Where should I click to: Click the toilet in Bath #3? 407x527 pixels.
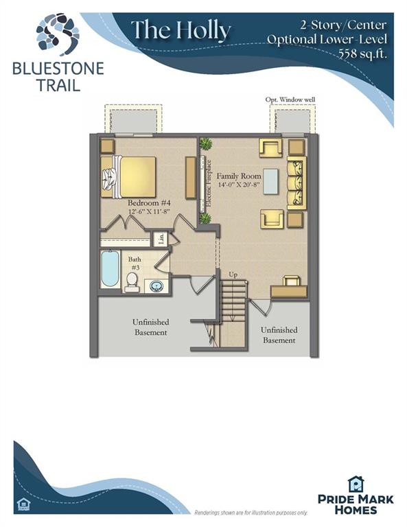tap(131, 282)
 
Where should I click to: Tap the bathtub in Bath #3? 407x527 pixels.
tap(111, 268)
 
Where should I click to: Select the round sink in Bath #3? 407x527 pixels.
tap(156, 286)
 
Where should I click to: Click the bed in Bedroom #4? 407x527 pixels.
tap(128, 177)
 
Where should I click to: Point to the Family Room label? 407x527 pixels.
tap(239, 176)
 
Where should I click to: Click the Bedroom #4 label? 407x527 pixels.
tap(149, 203)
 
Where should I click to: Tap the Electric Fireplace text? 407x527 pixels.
tap(209, 183)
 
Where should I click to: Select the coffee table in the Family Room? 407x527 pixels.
tap(271, 181)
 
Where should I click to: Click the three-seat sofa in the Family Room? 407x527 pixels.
tap(296, 183)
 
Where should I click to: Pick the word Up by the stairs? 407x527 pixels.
tap(233, 274)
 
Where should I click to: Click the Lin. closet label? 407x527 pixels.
tap(162, 239)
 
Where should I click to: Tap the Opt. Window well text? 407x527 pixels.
tap(290, 99)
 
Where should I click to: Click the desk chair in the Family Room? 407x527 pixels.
tap(291, 281)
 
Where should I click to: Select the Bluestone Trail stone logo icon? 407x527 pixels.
tap(58, 34)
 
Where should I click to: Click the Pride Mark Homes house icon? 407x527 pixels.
tap(356, 484)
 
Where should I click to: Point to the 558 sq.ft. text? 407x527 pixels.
tap(362, 54)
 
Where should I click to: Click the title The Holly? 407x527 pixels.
tap(181, 31)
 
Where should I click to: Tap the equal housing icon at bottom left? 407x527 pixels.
tap(23, 504)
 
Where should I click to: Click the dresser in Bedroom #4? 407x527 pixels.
tap(191, 178)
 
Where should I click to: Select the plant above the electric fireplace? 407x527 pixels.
tap(205, 145)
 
